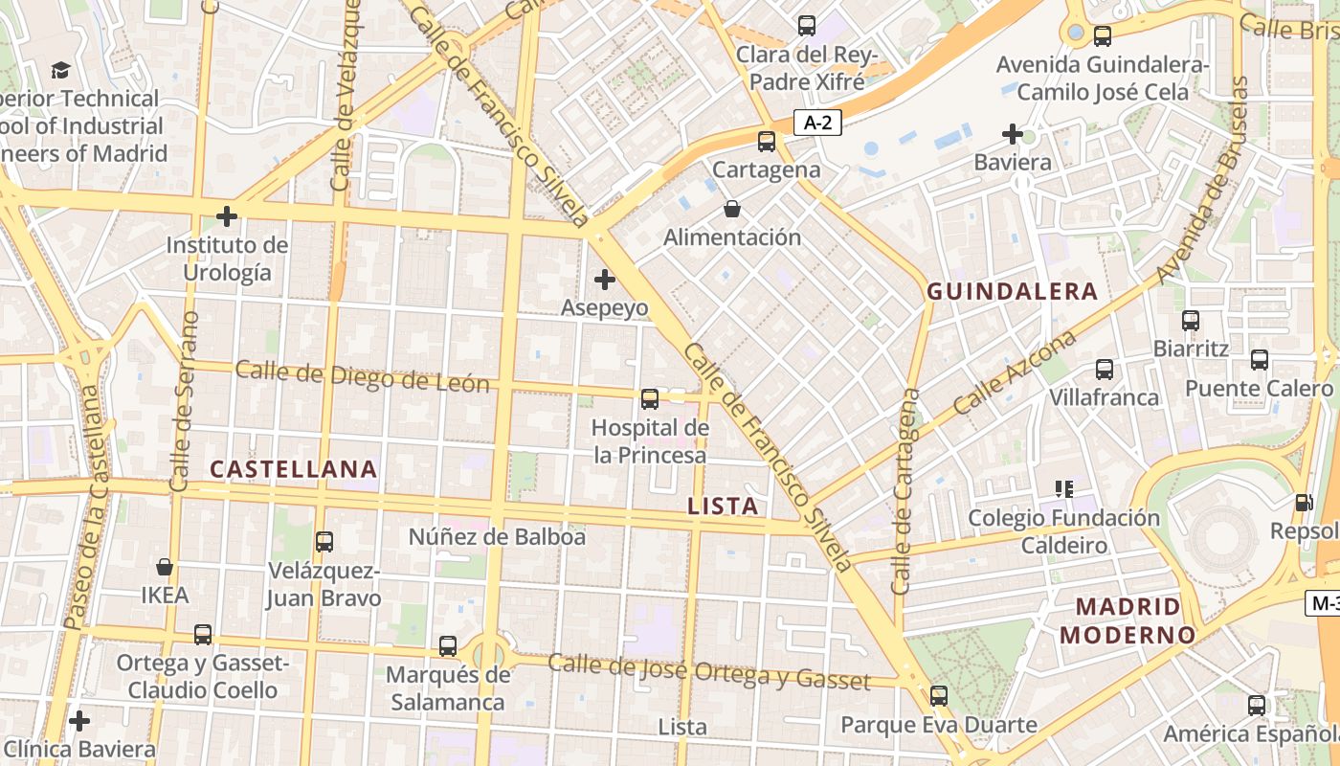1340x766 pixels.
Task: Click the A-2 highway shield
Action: pyautogui.click(x=817, y=123)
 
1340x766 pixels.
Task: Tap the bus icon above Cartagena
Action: pyautogui.click(x=767, y=142)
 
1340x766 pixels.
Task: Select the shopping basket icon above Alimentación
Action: pyautogui.click(x=732, y=209)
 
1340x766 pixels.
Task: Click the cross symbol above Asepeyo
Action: pyautogui.click(x=605, y=280)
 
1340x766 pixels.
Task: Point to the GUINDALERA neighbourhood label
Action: pyautogui.click(x=1013, y=292)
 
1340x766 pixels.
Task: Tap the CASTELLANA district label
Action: pyautogui.click(x=293, y=469)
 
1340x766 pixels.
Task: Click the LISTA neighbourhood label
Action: pyautogui.click(x=724, y=507)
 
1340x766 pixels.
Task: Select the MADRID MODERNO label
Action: pyautogui.click(x=1128, y=620)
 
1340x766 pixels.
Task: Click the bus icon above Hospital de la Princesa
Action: pyautogui.click(x=650, y=398)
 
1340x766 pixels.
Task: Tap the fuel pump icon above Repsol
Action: pyautogui.click(x=1303, y=503)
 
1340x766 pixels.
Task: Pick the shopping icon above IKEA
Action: pyautogui.click(x=165, y=567)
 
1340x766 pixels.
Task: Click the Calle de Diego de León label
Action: pyautogui.click(x=363, y=376)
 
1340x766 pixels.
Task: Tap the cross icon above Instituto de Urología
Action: pyautogui.click(x=227, y=216)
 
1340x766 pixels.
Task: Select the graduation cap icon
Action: pyautogui.click(x=61, y=70)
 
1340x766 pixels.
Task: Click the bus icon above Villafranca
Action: pyautogui.click(x=1105, y=369)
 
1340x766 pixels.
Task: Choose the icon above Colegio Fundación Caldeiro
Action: pyautogui.click(x=1063, y=489)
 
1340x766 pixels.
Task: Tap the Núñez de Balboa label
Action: pyautogui.click(x=497, y=537)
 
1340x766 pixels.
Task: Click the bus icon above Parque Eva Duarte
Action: pyautogui.click(x=939, y=696)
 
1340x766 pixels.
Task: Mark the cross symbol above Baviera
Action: pyautogui.click(x=1013, y=134)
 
